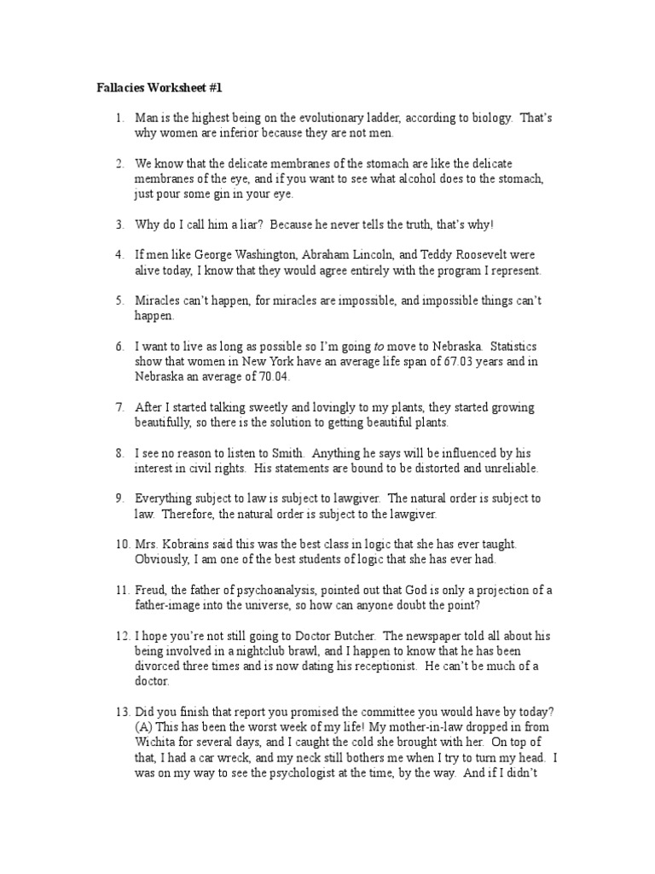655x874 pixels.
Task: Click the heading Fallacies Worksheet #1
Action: (158, 88)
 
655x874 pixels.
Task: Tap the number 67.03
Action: (422, 362)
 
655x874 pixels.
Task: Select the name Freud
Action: (151, 590)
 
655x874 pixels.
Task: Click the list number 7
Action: (120, 408)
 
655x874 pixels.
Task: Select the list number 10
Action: (120, 544)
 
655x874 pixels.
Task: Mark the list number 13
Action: (120, 712)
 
